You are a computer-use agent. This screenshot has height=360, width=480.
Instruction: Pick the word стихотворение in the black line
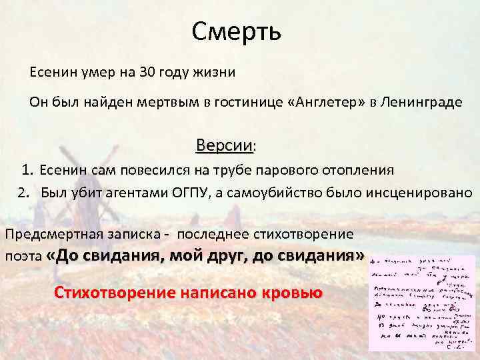[x=313, y=234]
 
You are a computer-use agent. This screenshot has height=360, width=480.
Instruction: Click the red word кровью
[x=289, y=293]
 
